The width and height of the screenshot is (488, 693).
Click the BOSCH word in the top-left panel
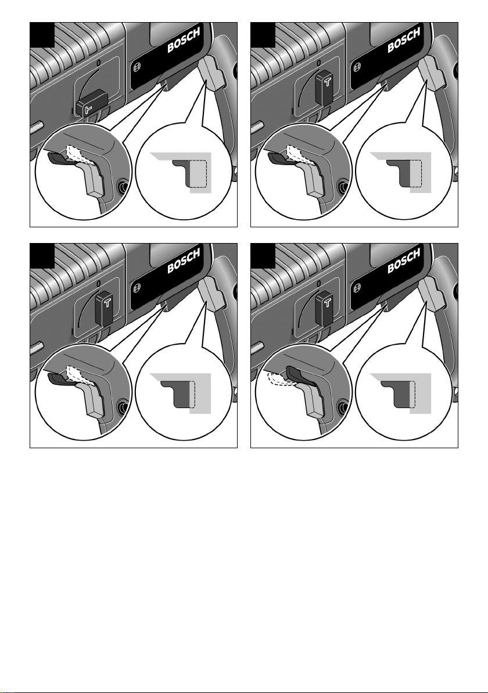point(184,40)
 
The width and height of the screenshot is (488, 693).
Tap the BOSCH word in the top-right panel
point(404,40)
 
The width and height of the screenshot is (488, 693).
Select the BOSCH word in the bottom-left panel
point(184,261)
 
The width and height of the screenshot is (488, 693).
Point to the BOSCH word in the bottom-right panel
point(404,261)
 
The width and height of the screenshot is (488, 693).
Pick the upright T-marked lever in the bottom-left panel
point(106,309)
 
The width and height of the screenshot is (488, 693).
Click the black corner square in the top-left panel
point(42,35)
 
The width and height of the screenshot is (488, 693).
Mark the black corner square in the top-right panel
point(263,35)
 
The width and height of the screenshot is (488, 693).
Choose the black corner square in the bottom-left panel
point(42,256)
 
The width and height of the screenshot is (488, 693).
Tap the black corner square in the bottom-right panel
point(263,256)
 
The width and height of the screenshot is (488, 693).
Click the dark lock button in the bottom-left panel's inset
point(58,378)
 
